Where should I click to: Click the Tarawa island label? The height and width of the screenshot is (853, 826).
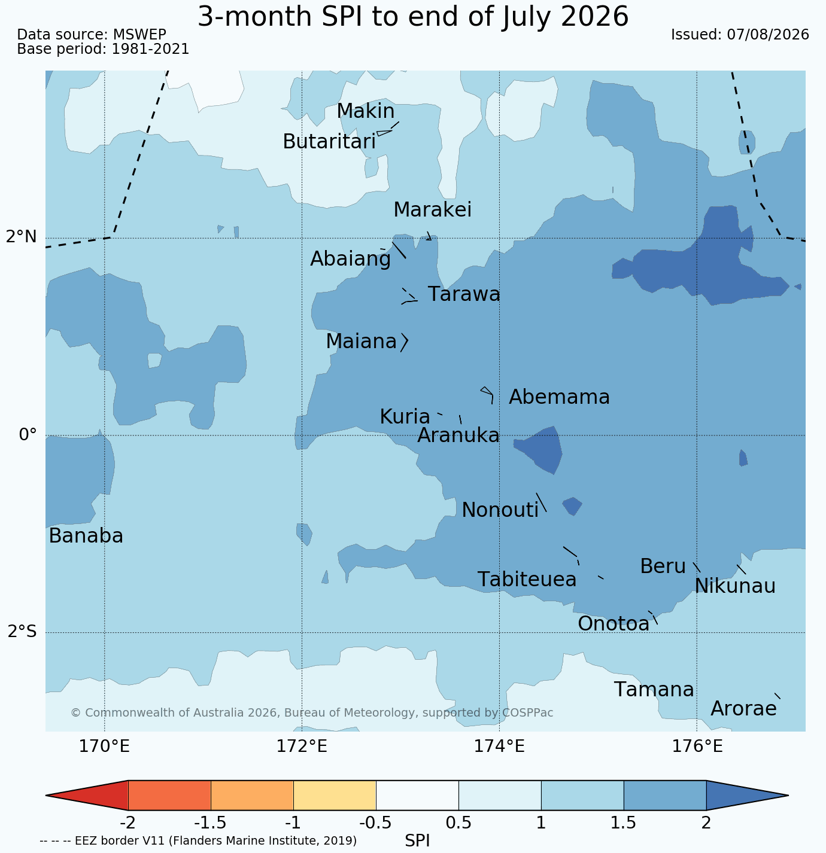point(464,294)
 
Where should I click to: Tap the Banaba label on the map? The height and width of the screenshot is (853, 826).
point(86,535)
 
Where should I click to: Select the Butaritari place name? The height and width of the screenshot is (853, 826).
point(329,141)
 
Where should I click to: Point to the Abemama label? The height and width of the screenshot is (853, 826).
point(559,397)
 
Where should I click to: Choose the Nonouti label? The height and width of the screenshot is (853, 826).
point(500,510)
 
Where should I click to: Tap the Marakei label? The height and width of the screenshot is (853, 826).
point(433,209)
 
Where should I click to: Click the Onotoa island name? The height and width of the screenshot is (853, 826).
point(614,623)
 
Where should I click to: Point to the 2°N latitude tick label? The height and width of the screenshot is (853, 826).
point(21,237)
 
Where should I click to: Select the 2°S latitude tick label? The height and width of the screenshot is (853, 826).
point(22,631)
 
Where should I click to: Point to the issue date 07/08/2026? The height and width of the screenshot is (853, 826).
point(768,35)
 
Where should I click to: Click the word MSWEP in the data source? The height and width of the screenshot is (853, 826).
point(139,35)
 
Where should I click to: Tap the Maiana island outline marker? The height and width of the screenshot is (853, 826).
point(405,342)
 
